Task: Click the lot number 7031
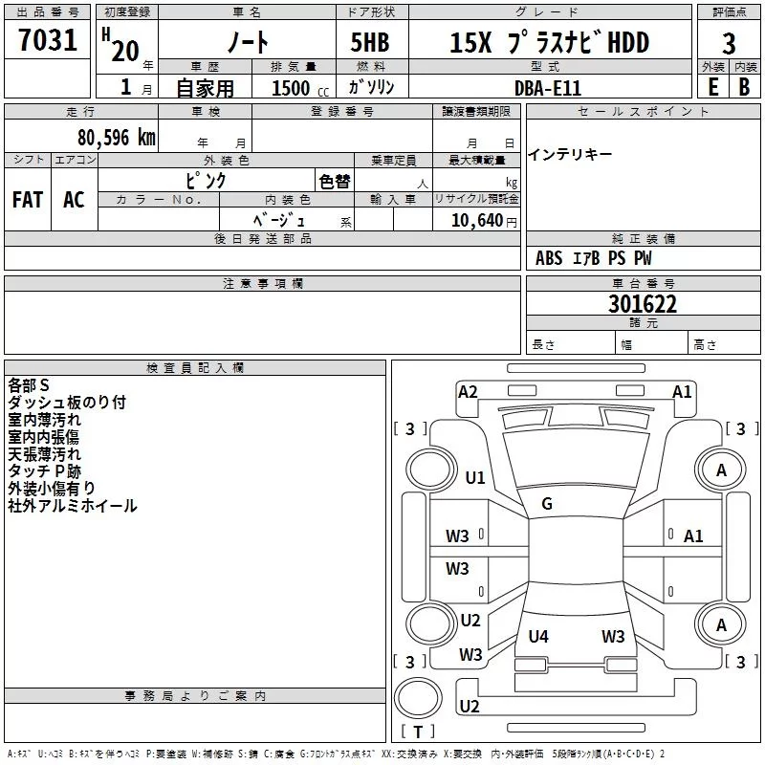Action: [x=48, y=42]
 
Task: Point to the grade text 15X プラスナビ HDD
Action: [x=549, y=43]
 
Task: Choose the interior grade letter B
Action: [x=745, y=86]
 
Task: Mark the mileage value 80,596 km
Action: [x=116, y=138]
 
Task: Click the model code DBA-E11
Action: [x=547, y=87]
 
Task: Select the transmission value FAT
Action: [x=27, y=200]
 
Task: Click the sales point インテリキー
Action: [x=570, y=155]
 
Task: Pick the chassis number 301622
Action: [x=643, y=304]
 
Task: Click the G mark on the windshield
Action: [x=547, y=504]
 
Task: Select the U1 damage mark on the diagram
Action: [x=475, y=477]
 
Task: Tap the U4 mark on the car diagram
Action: [x=538, y=636]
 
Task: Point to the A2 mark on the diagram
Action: [x=468, y=391]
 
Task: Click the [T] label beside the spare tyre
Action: [x=417, y=732]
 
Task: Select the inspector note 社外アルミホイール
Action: [x=73, y=506]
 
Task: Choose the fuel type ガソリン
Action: [x=378, y=87]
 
